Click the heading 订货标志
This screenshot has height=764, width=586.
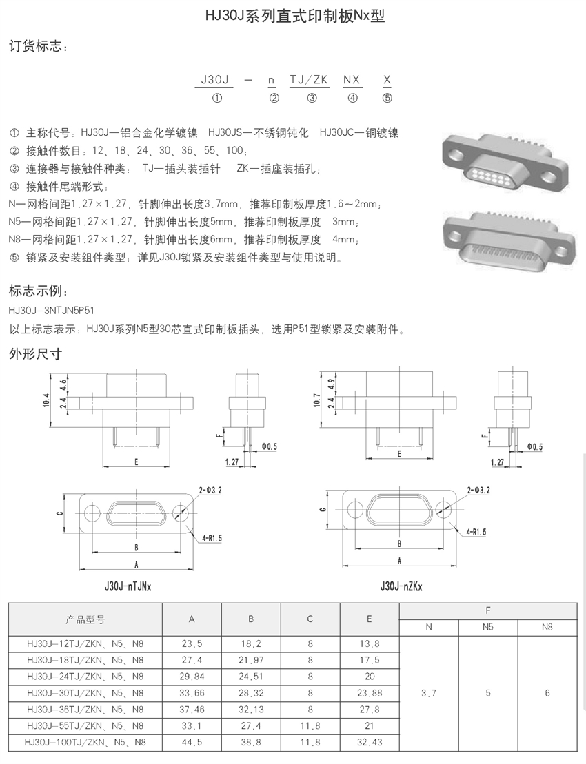38,47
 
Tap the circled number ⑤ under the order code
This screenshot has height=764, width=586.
387,98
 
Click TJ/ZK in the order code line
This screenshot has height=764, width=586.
308,80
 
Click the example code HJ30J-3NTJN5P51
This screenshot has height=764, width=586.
51,311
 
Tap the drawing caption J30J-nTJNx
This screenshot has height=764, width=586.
128,587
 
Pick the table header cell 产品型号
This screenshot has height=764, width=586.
85,619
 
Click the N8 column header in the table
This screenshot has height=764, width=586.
547,628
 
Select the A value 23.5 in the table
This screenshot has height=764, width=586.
192,644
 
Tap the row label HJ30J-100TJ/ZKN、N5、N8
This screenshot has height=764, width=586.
85,743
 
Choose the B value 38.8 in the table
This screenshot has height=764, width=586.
251,743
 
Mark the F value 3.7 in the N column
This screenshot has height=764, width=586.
428,693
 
